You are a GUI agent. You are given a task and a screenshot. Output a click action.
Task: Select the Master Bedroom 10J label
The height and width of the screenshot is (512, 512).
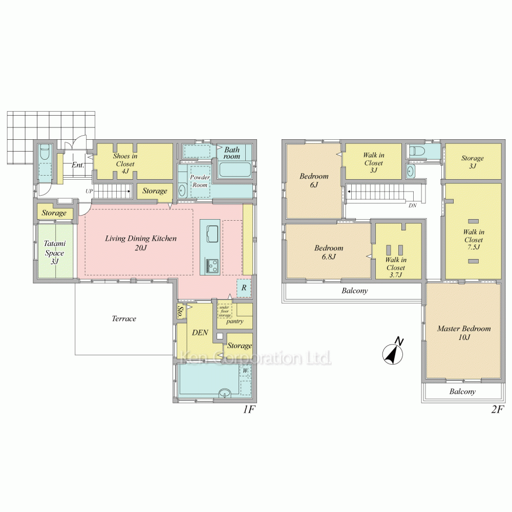463,333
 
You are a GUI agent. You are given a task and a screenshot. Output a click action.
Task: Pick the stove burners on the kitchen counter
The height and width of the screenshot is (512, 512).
212,266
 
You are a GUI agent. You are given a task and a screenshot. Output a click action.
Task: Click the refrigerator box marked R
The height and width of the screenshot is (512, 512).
244,288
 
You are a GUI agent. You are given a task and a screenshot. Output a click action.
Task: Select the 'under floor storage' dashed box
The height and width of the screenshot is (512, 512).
225,311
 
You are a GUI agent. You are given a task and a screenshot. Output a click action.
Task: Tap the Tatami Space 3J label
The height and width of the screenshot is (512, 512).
54,253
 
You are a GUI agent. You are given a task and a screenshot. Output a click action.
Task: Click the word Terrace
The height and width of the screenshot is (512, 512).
124,318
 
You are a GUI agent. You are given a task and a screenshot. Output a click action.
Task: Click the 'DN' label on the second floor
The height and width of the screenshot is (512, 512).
413,205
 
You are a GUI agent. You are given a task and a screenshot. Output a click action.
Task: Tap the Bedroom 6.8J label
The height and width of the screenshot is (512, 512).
328,252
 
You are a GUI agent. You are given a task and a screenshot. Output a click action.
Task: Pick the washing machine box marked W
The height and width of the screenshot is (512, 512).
245,370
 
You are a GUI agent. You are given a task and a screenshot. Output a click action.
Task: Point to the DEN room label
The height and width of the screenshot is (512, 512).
200,332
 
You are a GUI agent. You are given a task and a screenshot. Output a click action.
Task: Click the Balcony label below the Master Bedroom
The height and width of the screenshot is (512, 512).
462,392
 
